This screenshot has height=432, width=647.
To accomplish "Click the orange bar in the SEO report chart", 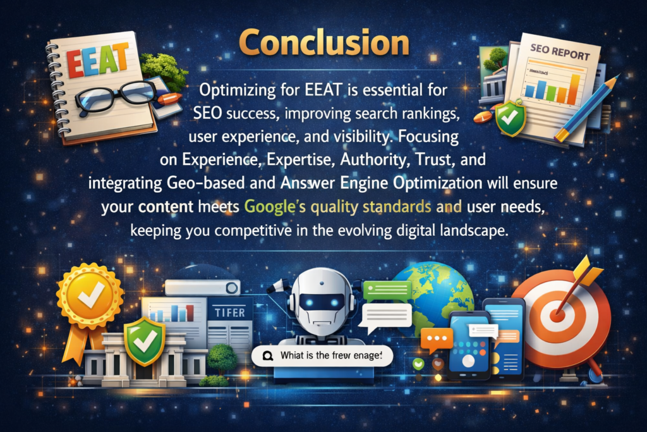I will [572, 89].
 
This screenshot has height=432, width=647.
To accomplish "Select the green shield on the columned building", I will [145, 342].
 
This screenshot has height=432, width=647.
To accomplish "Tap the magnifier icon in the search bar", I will [267, 357].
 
